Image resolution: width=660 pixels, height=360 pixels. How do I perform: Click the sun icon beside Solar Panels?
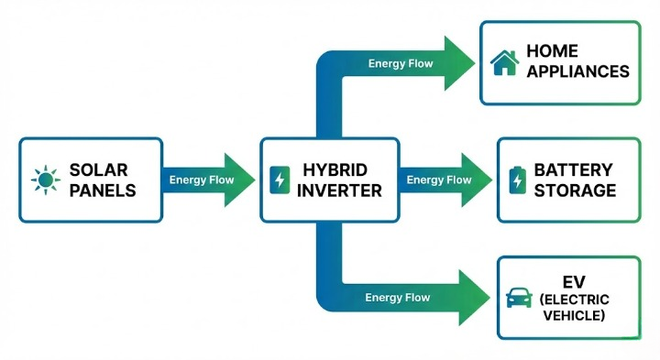click(44, 180)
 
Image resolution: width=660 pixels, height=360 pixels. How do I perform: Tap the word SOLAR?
click(99, 170)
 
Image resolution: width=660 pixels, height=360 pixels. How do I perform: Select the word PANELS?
click(103, 191)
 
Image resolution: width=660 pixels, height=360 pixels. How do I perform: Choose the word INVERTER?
click(339, 191)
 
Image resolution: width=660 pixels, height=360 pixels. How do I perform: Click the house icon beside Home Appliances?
click(504, 62)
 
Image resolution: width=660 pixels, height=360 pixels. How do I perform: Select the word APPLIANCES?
click(577, 71)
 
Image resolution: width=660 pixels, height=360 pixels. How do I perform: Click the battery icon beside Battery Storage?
click(517, 180)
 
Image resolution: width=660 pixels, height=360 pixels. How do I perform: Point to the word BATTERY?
click(574, 170)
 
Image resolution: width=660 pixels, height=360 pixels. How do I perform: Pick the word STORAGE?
click(576, 191)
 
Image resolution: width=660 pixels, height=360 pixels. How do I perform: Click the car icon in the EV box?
click(520, 298)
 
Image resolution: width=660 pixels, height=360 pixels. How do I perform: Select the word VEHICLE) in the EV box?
click(575, 316)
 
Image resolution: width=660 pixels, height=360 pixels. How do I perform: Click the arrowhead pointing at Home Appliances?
click(458, 63)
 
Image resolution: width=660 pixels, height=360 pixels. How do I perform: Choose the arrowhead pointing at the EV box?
click(473, 297)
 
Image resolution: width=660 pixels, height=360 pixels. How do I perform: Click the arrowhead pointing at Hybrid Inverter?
click(239, 180)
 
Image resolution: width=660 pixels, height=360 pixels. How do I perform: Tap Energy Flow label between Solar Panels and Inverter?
click(201, 180)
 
